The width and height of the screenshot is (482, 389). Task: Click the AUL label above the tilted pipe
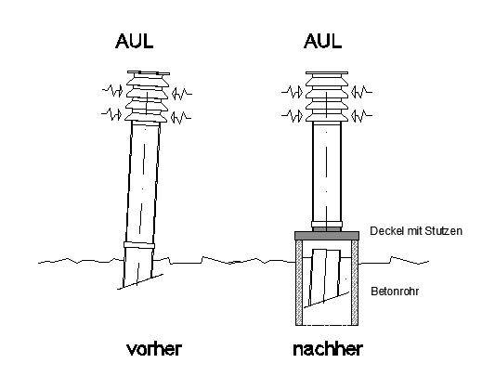[x=135, y=41]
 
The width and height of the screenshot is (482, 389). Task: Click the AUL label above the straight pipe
[x=322, y=41]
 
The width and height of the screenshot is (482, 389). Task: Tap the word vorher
[x=154, y=349]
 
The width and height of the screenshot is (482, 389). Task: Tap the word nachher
[x=328, y=349]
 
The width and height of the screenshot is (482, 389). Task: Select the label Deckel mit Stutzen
[x=416, y=231]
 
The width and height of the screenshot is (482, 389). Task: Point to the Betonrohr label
[x=395, y=292]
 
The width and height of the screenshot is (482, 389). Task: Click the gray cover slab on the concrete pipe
[x=327, y=236]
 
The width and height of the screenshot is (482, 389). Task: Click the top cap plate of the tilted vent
[x=149, y=73]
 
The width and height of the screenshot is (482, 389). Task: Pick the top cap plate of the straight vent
[x=327, y=73]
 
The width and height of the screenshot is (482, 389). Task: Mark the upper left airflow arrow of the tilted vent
[x=112, y=91]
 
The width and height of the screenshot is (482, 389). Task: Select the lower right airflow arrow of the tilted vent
[x=181, y=117]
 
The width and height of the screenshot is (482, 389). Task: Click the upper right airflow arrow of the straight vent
[x=361, y=92]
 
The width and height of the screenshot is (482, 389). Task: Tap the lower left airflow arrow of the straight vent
[x=293, y=116]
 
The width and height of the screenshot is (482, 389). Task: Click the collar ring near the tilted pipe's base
[x=139, y=245]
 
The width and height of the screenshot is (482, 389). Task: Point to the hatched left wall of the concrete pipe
[x=299, y=282]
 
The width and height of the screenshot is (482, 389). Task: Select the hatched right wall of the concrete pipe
[x=355, y=282]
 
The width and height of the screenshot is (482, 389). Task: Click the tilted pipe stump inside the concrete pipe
[x=325, y=276]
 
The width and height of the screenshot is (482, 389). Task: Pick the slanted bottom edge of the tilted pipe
[x=140, y=281]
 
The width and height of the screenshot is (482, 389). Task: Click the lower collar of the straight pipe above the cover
[x=327, y=225]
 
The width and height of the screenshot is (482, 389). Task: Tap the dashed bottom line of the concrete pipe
[x=327, y=325]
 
